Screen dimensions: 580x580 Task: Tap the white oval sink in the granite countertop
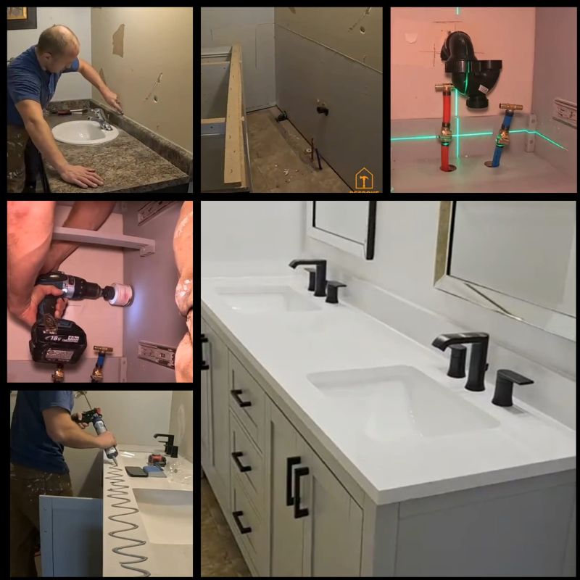pos(85,131)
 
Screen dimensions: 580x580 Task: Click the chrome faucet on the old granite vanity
pos(102,118)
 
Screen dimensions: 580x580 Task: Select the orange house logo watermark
pos(364,178)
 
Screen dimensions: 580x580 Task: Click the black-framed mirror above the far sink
pos(341,225)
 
